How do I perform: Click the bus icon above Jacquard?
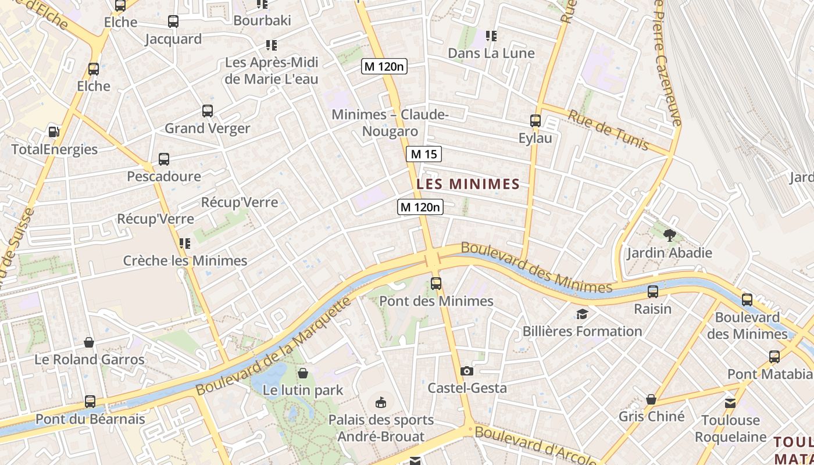[x=173, y=22]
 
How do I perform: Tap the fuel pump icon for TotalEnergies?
[x=54, y=132]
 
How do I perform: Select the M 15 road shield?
[x=424, y=154]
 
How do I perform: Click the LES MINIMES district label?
[x=468, y=184]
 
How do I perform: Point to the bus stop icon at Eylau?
[x=535, y=121]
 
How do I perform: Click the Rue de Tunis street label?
[x=608, y=130]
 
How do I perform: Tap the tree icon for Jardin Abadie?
[x=669, y=235]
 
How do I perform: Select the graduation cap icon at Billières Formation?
[x=582, y=314]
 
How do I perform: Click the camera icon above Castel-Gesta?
[x=467, y=371]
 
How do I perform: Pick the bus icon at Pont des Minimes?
[x=436, y=284]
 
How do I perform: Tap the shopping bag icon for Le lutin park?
[x=302, y=373]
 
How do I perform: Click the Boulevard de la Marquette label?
[x=274, y=347]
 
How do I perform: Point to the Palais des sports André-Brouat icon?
[x=381, y=402]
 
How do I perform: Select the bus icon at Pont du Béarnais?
[x=90, y=401]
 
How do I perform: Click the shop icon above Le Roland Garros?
[x=89, y=342]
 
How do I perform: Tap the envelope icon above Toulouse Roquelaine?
[x=730, y=403]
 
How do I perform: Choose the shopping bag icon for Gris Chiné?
[x=651, y=399]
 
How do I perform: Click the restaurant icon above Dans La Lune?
[x=491, y=36]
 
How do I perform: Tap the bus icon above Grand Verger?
[x=208, y=111]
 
